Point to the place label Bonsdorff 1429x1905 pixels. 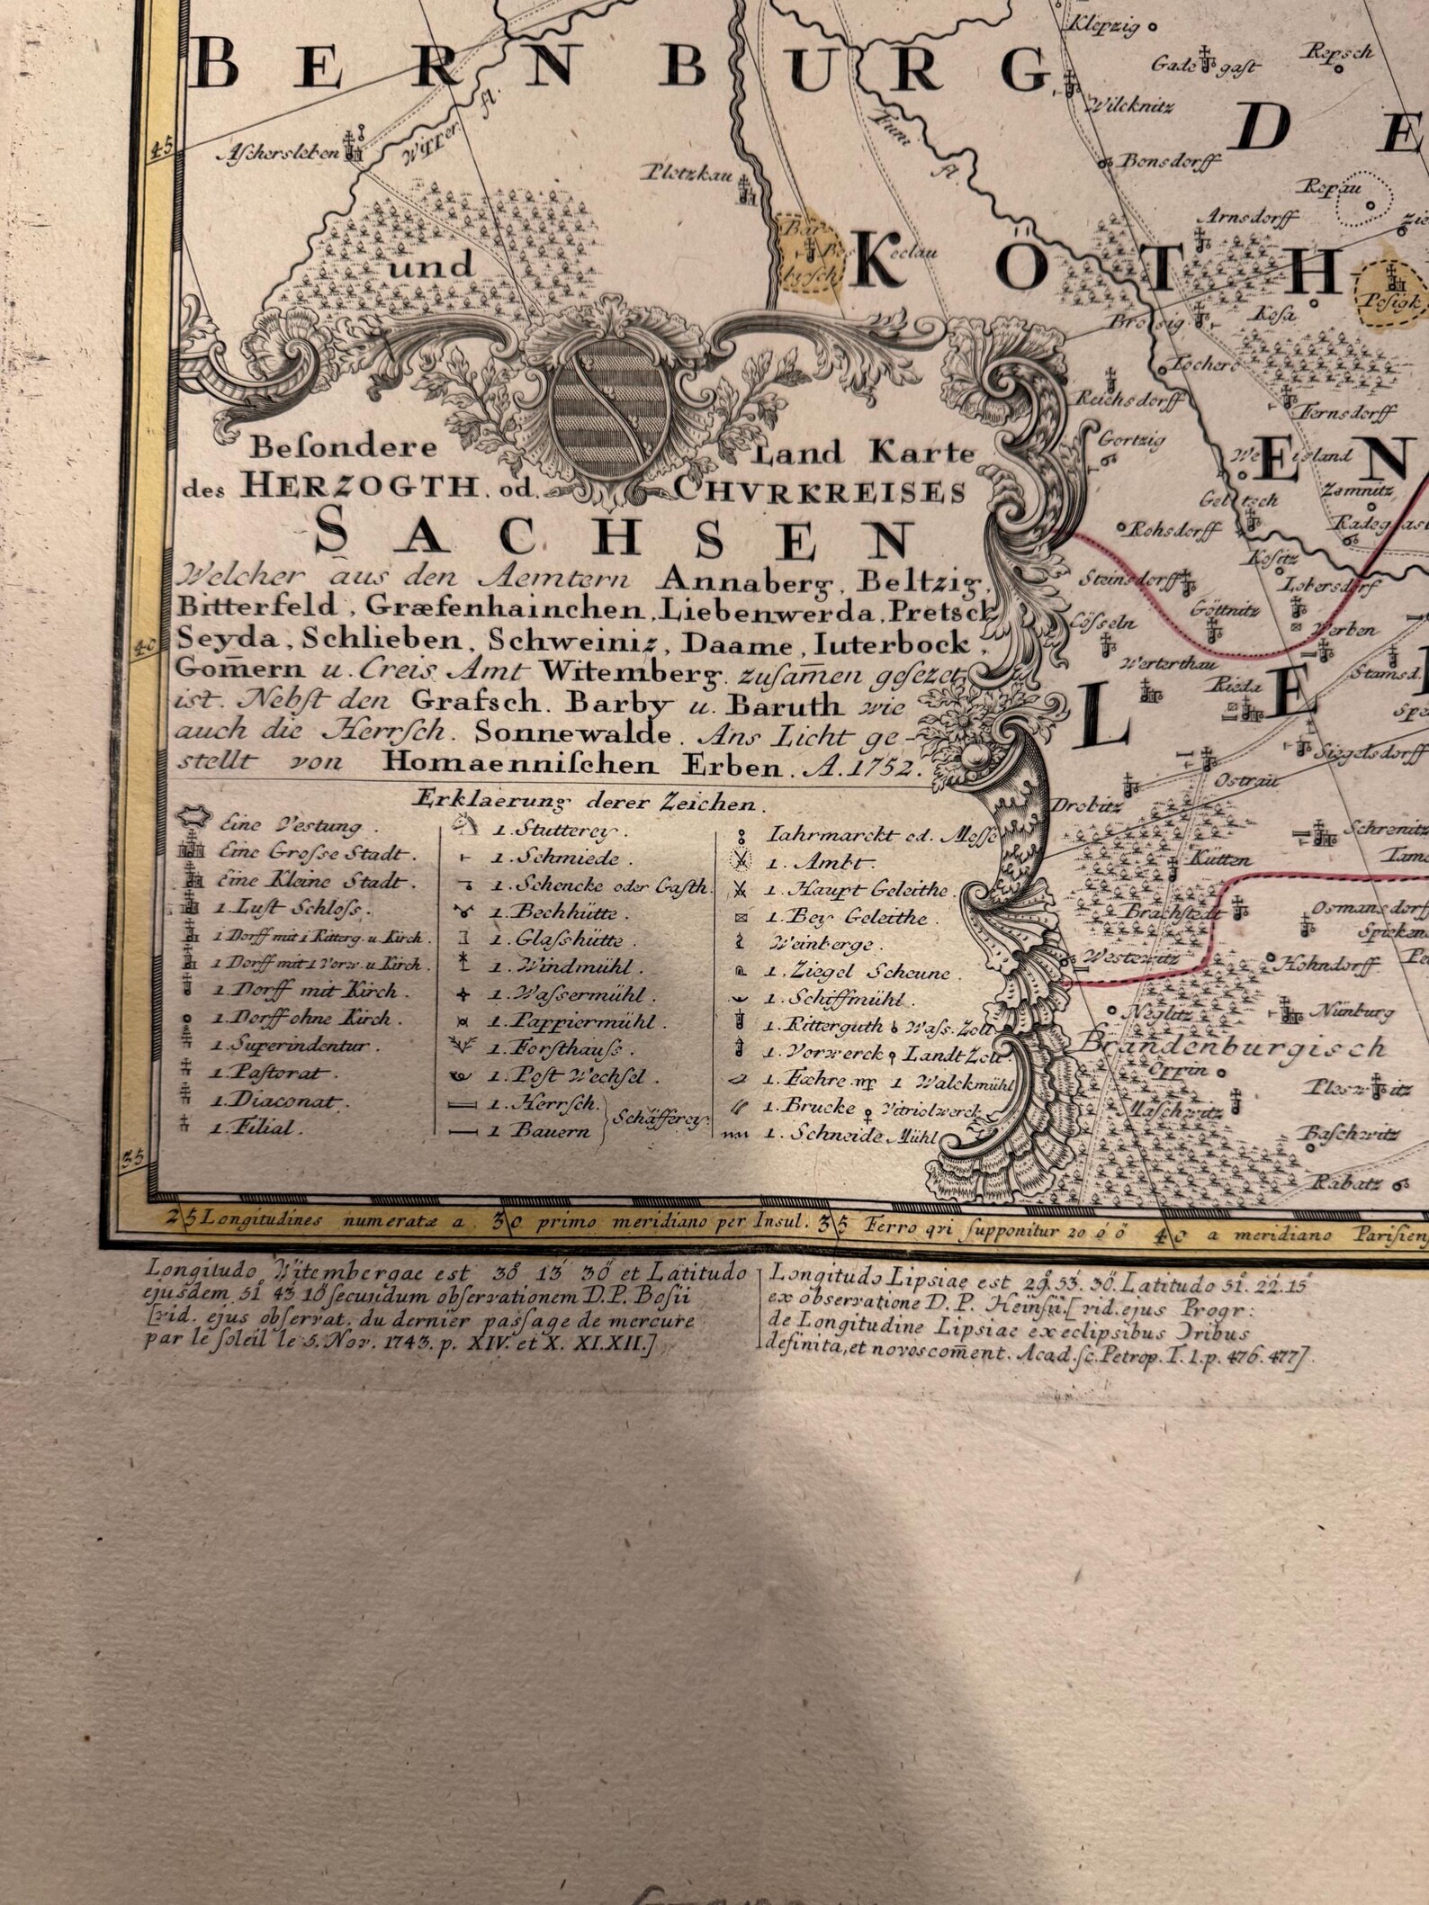coord(1169,161)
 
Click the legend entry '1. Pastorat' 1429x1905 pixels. coord(271,1073)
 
